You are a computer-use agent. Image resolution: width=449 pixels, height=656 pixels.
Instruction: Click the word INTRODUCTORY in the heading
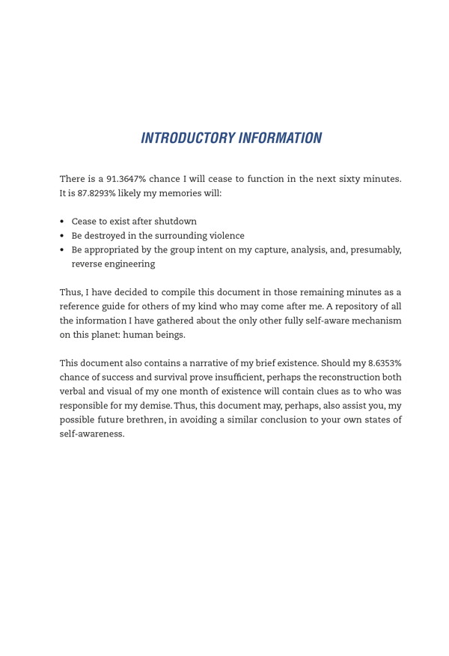(x=187, y=139)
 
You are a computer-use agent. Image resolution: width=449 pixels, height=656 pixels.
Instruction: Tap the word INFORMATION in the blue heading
(x=280, y=139)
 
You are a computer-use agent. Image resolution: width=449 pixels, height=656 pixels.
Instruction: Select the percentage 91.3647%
(x=126, y=179)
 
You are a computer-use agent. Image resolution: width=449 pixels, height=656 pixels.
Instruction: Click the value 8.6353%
(x=385, y=363)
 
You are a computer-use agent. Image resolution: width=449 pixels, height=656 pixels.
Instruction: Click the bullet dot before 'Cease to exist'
(x=62, y=222)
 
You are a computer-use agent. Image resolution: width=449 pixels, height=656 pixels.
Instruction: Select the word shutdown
(x=175, y=222)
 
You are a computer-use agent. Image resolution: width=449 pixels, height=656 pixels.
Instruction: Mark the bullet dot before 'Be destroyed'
(x=62, y=236)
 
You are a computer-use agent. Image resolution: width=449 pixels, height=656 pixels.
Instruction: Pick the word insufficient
(x=233, y=377)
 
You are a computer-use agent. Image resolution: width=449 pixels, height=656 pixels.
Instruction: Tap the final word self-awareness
(x=91, y=434)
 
